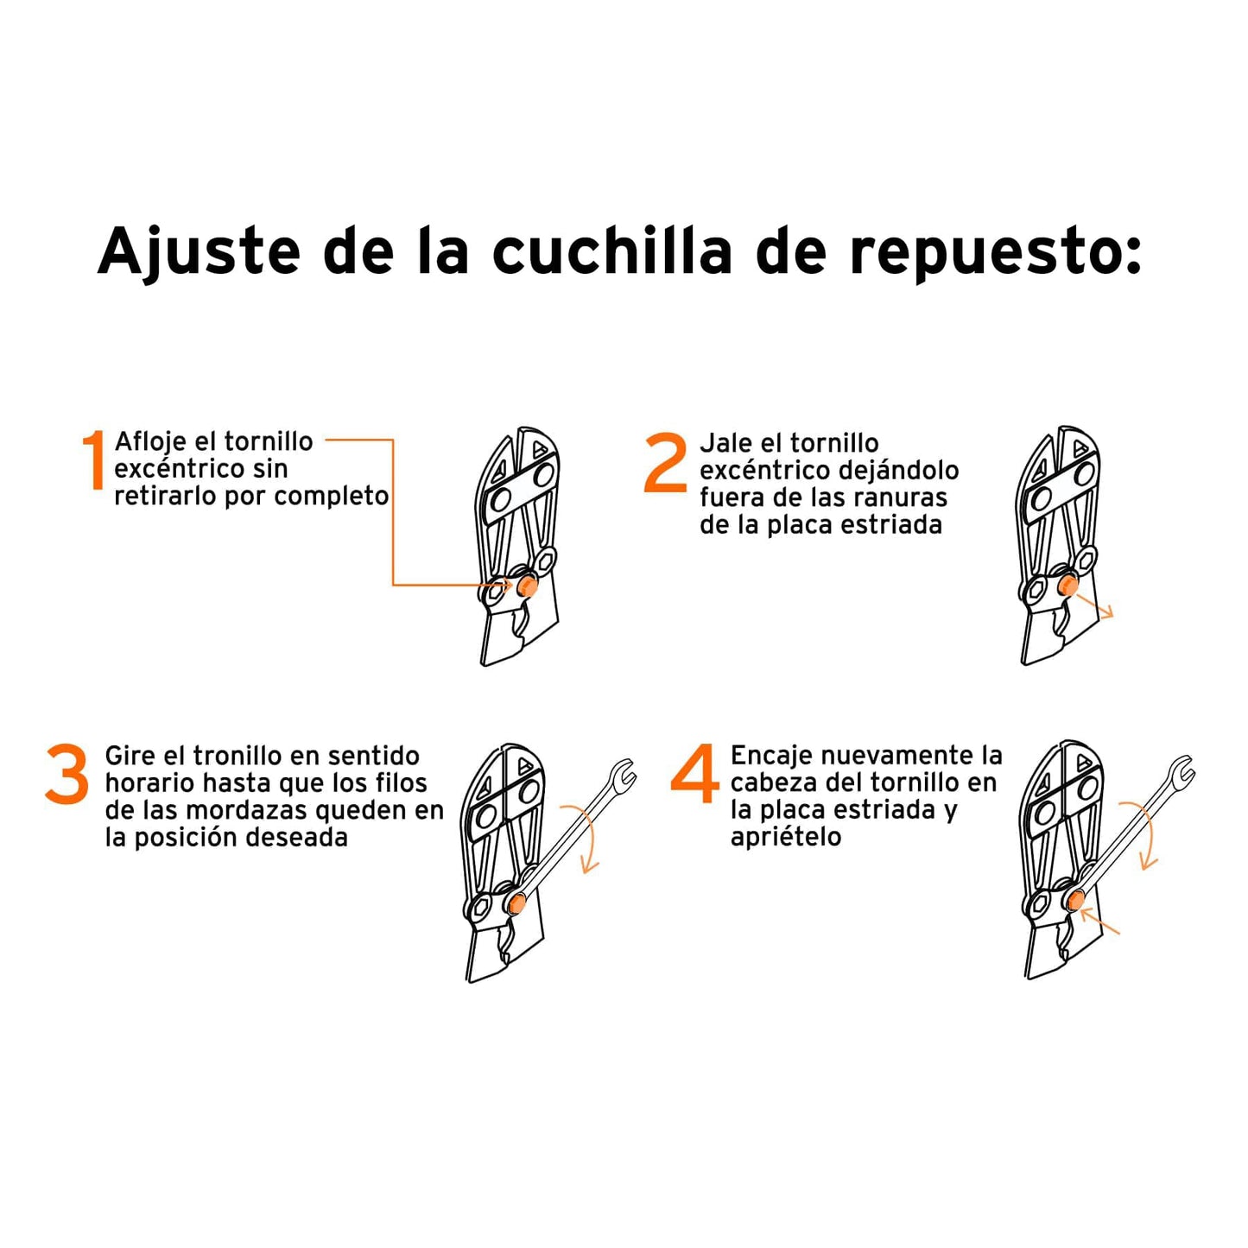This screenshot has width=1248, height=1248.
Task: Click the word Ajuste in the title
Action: click(199, 252)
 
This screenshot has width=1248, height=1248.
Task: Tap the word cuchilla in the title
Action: click(611, 252)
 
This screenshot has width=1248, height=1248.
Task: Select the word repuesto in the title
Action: click(993, 252)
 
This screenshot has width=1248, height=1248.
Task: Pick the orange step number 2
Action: click(666, 464)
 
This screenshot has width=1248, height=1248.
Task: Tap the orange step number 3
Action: click(67, 775)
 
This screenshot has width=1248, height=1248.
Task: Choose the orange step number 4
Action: click(694, 774)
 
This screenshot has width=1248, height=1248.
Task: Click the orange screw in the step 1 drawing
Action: click(527, 586)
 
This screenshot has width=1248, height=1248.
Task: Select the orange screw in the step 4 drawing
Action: click(1075, 902)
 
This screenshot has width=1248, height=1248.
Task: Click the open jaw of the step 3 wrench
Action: click(624, 773)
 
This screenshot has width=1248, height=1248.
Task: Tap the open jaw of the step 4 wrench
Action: click(1181, 770)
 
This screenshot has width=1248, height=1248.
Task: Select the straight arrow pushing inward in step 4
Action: click(1100, 922)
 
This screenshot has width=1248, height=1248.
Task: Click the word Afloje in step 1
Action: click(150, 442)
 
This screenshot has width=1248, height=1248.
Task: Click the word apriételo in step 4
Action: click(785, 837)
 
